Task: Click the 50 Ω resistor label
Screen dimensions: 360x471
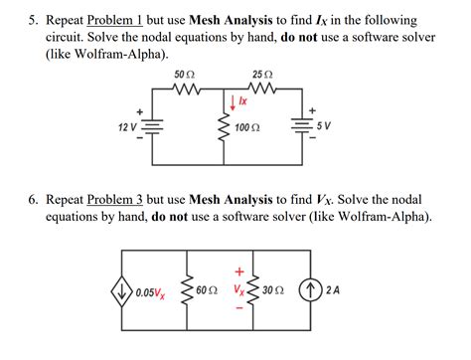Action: click(x=185, y=76)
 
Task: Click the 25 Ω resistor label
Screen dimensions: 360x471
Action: click(x=263, y=76)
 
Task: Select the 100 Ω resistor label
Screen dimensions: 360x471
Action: click(x=248, y=128)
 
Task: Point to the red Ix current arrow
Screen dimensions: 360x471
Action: click(x=233, y=102)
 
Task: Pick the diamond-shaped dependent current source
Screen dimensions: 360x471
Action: click(x=123, y=293)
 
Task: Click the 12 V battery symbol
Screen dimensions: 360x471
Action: click(x=153, y=127)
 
